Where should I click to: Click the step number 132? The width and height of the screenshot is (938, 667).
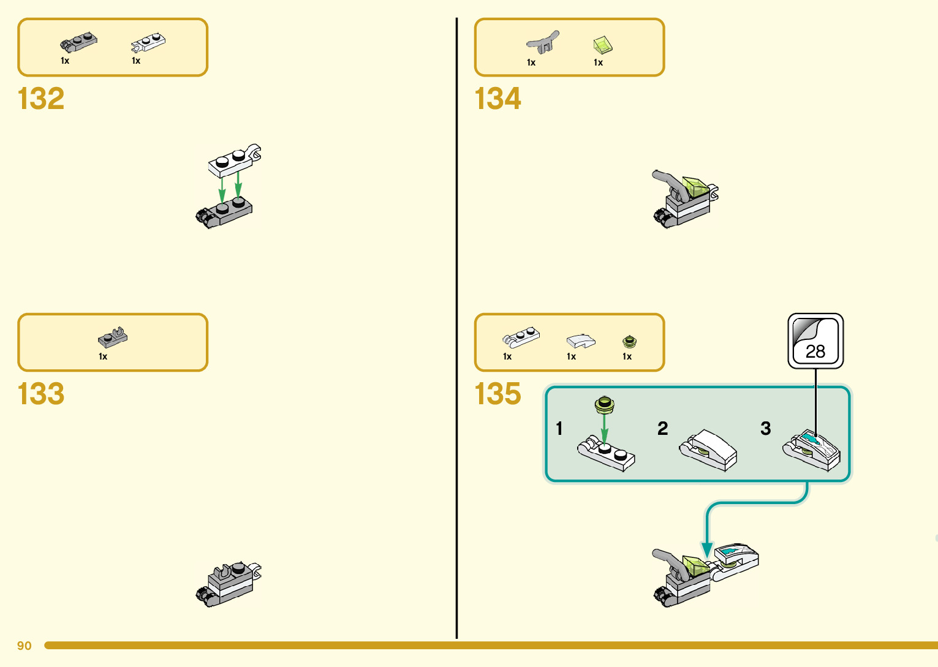[x=41, y=99]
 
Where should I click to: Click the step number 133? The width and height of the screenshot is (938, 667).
[x=41, y=394]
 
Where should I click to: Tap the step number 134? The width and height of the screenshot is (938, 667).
[x=497, y=99]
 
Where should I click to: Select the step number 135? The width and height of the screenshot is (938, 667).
[x=497, y=394]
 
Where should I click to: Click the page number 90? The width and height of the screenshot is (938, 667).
[x=25, y=646]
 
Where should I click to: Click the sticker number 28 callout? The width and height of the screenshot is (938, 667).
[x=815, y=341]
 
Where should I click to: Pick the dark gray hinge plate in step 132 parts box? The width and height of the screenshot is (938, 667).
[x=78, y=42]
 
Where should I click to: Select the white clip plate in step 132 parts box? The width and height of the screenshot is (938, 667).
[x=148, y=42]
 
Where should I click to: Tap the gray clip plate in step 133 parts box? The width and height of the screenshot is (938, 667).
[x=113, y=337]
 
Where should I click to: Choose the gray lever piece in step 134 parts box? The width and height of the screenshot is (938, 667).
[x=542, y=43]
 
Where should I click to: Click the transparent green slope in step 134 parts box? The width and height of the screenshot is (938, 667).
[x=603, y=44]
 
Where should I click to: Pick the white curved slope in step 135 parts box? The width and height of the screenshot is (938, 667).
[x=580, y=341]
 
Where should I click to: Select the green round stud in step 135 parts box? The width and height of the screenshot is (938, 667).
[x=629, y=341]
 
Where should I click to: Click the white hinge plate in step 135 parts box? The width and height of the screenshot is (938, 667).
[x=521, y=337]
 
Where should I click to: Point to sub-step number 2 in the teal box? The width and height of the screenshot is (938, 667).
[x=662, y=428]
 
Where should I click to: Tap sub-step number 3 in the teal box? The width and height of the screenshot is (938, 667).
[x=765, y=428]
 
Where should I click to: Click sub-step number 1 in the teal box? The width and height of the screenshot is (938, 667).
[x=559, y=428]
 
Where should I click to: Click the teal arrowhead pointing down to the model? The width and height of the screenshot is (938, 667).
[x=707, y=549]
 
